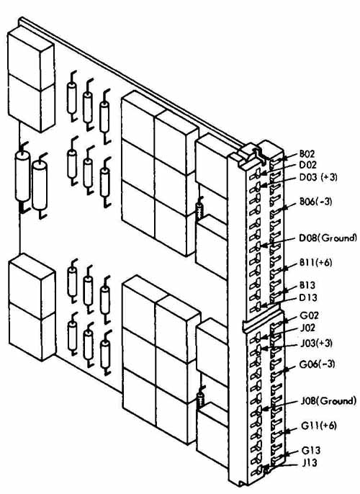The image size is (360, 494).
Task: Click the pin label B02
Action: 307,154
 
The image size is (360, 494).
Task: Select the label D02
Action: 307,165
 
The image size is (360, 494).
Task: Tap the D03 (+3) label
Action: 318,177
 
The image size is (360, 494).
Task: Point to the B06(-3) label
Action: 315,201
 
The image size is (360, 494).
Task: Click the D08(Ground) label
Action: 328,238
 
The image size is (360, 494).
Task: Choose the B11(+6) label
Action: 315,262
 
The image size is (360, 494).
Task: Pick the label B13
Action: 307,285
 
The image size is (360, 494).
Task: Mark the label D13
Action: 308,297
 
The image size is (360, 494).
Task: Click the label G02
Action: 310,315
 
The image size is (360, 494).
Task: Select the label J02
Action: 307,328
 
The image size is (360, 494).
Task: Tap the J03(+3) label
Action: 316,343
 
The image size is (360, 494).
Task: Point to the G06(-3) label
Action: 318,364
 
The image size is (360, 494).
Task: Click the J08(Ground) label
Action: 328,400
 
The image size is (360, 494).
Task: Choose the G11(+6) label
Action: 319,426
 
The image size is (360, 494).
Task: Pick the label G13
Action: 311,450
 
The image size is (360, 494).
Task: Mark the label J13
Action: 310,463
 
